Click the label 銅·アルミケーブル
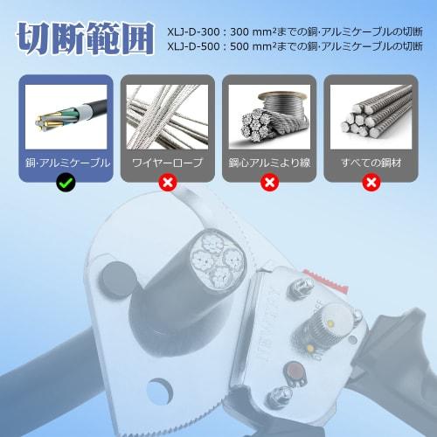click(65, 163)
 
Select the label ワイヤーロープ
click(166, 163)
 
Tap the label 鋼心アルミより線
click(268, 163)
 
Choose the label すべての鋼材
click(371, 163)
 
